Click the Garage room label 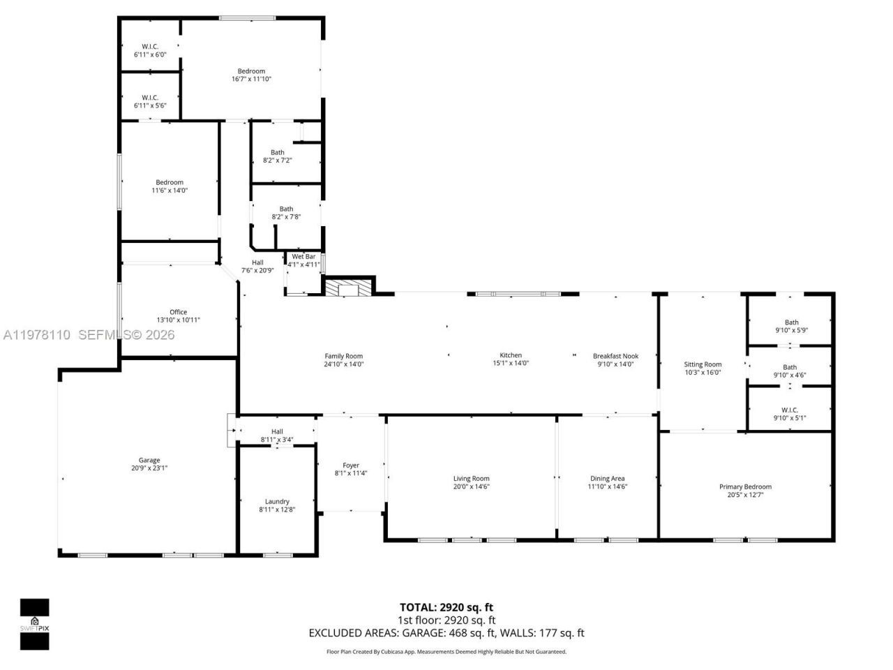pyautogui.click(x=149, y=460)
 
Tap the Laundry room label pyautogui.click(x=277, y=501)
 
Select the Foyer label pyautogui.click(x=351, y=466)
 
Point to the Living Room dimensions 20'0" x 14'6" pyautogui.click(x=472, y=486)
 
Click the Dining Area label pyautogui.click(x=607, y=478)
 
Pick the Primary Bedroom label pyautogui.click(x=745, y=486)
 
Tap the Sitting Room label pyautogui.click(x=703, y=364)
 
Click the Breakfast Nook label pyautogui.click(x=615, y=356)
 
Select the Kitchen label pyautogui.click(x=511, y=355)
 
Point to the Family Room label pyautogui.click(x=343, y=356)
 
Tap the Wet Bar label pyautogui.click(x=303, y=257)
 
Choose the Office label pyautogui.click(x=178, y=312)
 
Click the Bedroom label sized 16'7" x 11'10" pyautogui.click(x=251, y=71)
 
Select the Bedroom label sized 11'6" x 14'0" pyautogui.click(x=170, y=182)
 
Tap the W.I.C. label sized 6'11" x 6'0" pyautogui.click(x=150, y=47)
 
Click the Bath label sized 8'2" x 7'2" pyautogui.click(x=278, y=152)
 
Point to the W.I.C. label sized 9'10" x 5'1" pyautogui.click(x=790, y=410)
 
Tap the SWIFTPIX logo pyautogui.click(x=34, y=624)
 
